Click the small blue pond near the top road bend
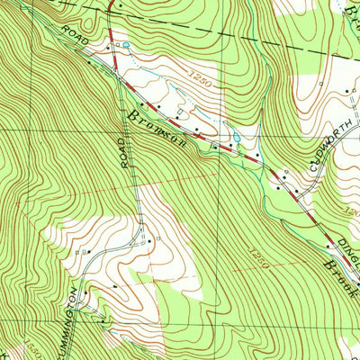pyautogui.click(x=126, y=45)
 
